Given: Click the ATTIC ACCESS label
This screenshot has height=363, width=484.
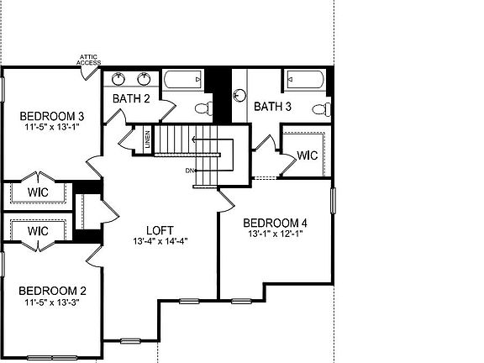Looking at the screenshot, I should pyautogui.click(x=88, y=60).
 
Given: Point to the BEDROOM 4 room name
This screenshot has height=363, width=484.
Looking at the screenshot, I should pyautogui.click(x=276, y=223).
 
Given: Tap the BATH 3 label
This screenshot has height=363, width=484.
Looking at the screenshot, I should pyautogui.click(x=272, y=107).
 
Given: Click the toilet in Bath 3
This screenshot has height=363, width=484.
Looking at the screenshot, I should pyautogui.click(x=319, y=108).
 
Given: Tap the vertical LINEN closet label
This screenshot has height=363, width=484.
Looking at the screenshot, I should pyautogui.click(x=148, y=140).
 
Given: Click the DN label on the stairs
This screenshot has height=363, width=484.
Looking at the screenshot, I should pyautogui.click(x=191, y=171).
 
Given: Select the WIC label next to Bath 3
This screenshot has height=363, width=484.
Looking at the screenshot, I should pyautogui.click(x=308, y=155).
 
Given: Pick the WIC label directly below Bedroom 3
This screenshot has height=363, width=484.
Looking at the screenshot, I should pyautogui.click(x=38, y=192).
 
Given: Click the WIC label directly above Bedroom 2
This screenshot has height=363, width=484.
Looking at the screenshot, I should pyautogui.click(x=38, y=230).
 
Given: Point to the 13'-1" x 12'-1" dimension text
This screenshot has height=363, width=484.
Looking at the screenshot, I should pyautogui.click(x=276, y=234).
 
